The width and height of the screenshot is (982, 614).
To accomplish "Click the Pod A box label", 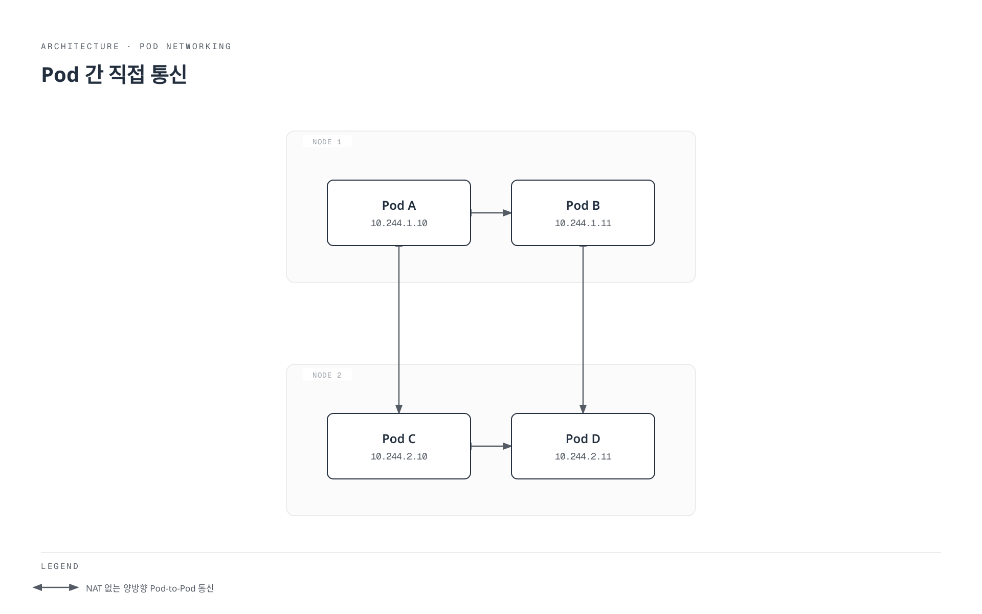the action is [399, 206].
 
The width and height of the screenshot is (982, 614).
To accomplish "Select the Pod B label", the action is [583, 206].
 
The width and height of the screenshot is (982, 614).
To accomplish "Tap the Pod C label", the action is [399, 439].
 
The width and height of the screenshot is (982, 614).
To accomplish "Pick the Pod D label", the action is [583, 439].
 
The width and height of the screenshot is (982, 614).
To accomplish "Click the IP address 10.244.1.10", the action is [399, 223].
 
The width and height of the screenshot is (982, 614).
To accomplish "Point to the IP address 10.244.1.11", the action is [583, 223].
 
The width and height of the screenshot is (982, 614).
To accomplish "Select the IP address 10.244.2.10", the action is [399, 456].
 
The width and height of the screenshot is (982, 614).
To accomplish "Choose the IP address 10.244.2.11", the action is [583, 456].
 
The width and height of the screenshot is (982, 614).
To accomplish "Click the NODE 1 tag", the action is [327, 142].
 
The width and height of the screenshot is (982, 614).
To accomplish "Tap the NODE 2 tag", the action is [327, 375].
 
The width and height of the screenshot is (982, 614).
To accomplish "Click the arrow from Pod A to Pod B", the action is [491, 213].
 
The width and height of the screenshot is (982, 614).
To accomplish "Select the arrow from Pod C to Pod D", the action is [491, 446].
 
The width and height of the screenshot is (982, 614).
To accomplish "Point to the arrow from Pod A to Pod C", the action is [399, 330].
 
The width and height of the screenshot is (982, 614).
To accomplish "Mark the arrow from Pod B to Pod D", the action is [583, 330].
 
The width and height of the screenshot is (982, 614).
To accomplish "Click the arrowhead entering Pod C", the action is [399, 409].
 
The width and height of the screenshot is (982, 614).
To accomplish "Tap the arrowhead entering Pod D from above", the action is [583, 409].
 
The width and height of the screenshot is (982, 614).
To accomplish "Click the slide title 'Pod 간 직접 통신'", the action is [114, 74].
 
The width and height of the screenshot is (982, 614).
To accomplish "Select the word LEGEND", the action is [60, 566].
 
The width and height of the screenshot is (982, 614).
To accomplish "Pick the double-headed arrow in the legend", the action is [56, 587].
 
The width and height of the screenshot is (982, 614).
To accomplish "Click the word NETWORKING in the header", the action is [198, 47].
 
